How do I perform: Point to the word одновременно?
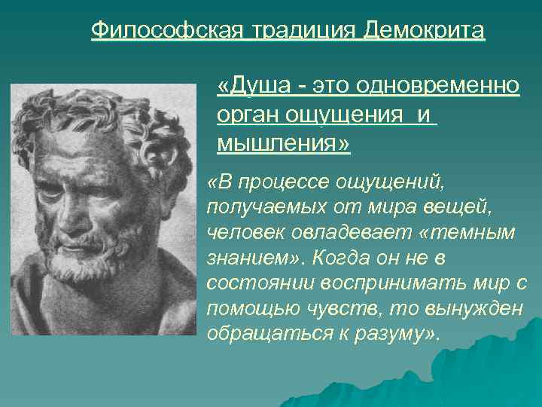440,86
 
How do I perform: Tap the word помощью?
248,308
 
